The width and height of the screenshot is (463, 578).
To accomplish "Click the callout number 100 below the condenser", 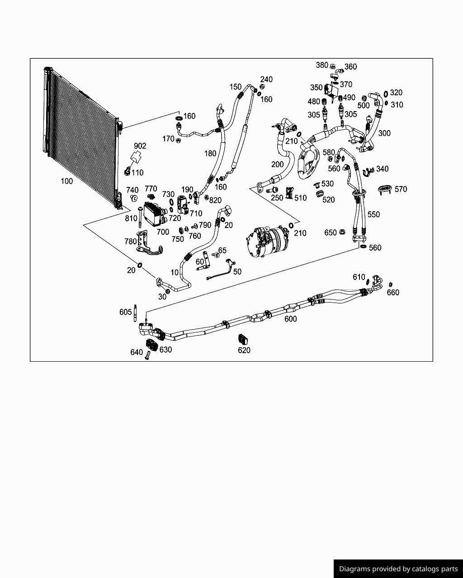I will pyautogui.click(x=66, y=181).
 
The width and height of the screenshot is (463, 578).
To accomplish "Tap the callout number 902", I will pyautogui.click(x=140, y=146).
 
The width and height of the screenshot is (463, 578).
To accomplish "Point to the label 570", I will pyautogui.click(x=401, y=189).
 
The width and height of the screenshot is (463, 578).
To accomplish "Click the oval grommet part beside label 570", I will pyautogui.click(x=384, y=190).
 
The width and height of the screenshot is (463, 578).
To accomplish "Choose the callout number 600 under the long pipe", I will pyautogui.click(x=290, y=319).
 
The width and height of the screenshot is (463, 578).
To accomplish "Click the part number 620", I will pyautogui.click(x=244, y=350).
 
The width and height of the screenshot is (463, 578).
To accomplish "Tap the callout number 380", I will pyautogui.click(x=322, y=65).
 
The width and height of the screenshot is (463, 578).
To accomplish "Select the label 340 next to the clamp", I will pyautogui.click(x=382, y=169).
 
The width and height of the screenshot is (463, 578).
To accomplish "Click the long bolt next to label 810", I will pyautogui.click(x=141, y=217).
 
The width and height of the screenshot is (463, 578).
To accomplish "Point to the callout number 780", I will pyautogui.click(x=131, y=242).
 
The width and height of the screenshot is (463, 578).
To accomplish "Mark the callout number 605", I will pyautogui.click(x=126, y=312).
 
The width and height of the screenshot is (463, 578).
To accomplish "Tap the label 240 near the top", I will pyautogui.click(x=266, y=79).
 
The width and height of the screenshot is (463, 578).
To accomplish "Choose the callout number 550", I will pyautogui.click(x=373, y=214).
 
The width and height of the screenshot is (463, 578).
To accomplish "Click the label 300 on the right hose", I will pyautogui.click(x=384, y=133).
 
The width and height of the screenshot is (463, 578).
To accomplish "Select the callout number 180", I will pyautogui.click(x=210, y=154).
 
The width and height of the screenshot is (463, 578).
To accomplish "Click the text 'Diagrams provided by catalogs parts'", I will pyautogui.click(x=398, y=569).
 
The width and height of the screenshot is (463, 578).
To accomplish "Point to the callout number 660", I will pyautogui.click(x=393, y=293).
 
